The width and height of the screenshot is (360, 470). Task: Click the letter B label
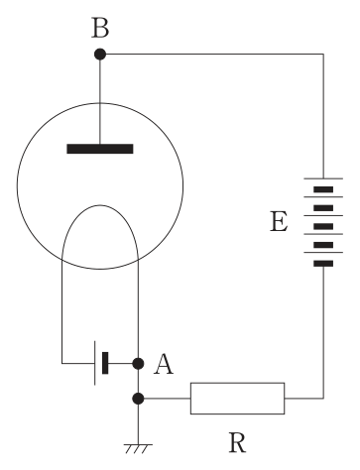pos(100,29)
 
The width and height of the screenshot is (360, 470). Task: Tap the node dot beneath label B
pos(100,54)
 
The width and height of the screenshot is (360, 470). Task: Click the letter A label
pos(164,364)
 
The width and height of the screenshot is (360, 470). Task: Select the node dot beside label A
pos(138,364)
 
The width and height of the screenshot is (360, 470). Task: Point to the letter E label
pos(279,221)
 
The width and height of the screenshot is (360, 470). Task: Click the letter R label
pos(237,443)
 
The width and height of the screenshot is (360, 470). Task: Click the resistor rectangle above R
pos(237,399)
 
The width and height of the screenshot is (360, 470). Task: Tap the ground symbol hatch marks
pos(138,449)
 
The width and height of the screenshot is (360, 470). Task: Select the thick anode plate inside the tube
pos(100,149)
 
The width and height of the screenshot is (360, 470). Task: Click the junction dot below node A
pos(138,399)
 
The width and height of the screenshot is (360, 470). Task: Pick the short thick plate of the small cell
pos(105,363)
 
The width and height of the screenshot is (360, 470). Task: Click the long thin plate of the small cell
pos(95,363)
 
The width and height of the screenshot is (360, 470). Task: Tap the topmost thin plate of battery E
pos(323,178)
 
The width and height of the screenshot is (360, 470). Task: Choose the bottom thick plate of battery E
pos(323,264)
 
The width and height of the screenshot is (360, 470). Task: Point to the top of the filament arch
pos(99,205)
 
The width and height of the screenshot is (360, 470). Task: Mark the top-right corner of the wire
pos(323,54)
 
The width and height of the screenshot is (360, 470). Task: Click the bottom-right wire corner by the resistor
pos(323,399)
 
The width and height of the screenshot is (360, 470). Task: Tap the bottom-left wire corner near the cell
pos(61,364)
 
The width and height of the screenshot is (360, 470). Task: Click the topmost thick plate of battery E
pos(323,189)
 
